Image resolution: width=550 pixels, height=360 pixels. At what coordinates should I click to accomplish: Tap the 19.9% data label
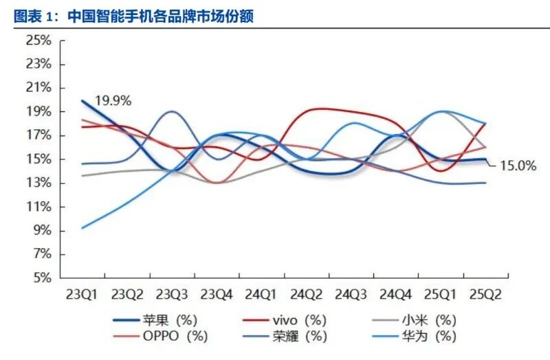click(x=113, y=100)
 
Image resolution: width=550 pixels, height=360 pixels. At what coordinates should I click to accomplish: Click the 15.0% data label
click(x=517, y=165)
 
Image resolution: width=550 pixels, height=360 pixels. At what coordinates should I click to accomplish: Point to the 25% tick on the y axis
click(x=38, y=41)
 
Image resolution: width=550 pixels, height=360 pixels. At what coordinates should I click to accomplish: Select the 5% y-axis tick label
click(x=43, y=278)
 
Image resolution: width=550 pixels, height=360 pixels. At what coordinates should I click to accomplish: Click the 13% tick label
click(x=38, y=183)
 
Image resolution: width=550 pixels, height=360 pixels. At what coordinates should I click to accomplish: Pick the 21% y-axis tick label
click(x=38, y=88)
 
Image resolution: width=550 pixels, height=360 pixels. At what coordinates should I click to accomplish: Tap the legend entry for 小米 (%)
click(x=426, y=320)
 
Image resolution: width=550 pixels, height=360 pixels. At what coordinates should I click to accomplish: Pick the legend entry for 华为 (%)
click(x=426, y=336)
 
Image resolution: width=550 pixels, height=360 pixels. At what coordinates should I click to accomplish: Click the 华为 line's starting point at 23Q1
click(x=82, y=228)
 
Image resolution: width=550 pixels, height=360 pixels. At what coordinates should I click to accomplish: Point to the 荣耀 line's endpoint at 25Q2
click(x=485, y=183)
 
